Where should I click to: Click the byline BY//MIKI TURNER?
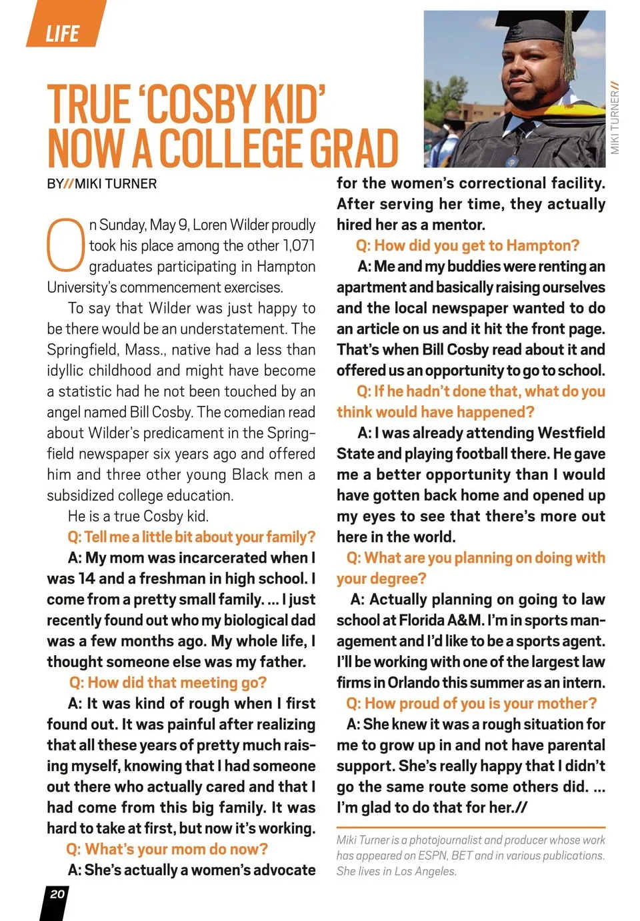[102, 184]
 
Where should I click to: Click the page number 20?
[57, 894]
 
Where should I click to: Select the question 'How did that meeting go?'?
[168, 682]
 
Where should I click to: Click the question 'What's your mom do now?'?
[167, 849]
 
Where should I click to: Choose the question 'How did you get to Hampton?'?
[467, 245]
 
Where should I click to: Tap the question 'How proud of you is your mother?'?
[471, 703]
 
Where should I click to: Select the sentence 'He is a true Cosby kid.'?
[138, 516]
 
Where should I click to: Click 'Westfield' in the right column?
[571, 433]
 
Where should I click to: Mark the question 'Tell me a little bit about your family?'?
[191, 536]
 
